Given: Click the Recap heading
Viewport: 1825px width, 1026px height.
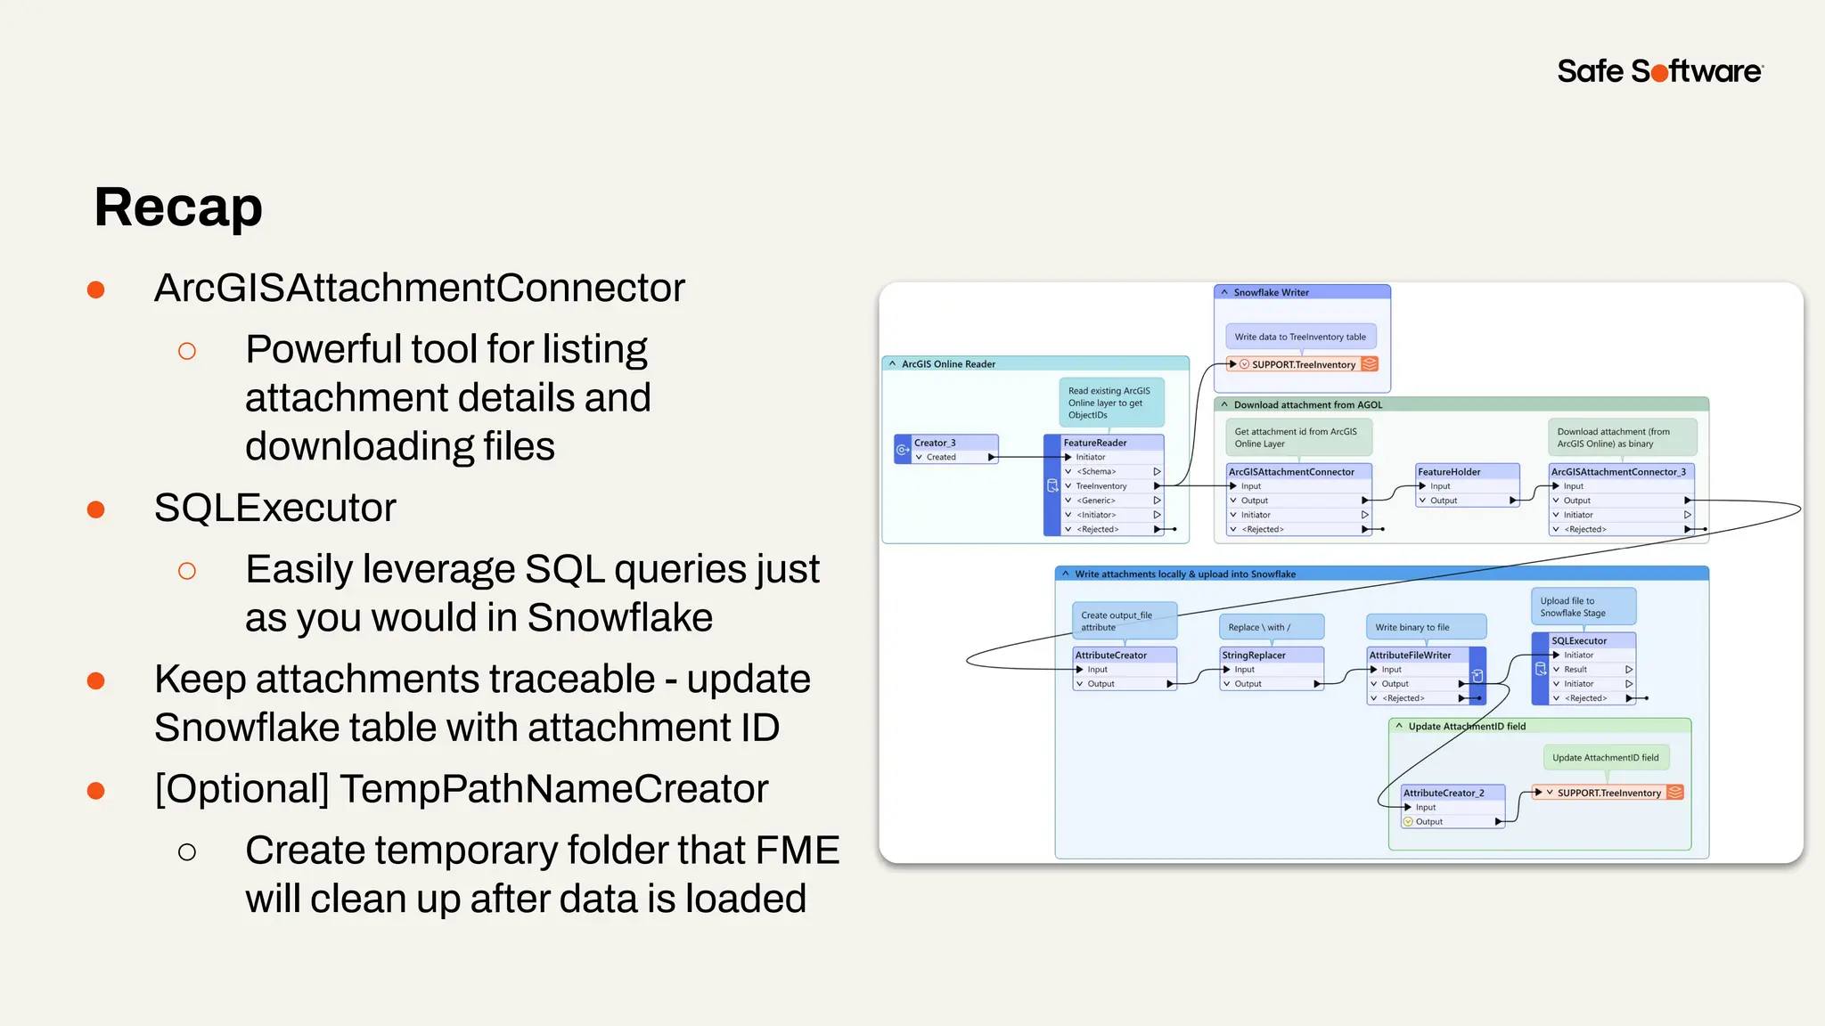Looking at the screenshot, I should (x=178, y=208).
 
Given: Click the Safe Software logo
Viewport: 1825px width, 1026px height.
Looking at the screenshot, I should (x=1659, y=71).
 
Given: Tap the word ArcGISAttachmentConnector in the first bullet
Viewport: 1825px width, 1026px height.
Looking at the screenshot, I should (x=419, y=288).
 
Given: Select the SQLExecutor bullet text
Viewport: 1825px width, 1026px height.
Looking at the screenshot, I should (x=274, y=508).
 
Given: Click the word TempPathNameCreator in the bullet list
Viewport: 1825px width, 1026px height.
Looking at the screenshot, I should (x=552, y=789).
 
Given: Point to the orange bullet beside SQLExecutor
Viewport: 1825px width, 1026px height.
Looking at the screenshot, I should (x=96, y=509).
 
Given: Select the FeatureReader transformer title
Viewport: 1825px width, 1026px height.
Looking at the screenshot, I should (x=1096, y=443).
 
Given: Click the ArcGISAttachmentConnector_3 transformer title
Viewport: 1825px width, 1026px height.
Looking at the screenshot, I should (x=1618, y=472).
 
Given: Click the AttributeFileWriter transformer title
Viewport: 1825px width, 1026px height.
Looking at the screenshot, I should (x=1411, y=655).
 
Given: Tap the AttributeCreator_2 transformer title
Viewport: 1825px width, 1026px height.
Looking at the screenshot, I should (x=1444, y=793).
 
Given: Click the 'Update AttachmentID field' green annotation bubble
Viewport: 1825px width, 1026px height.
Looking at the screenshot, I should (x=1606, y=758).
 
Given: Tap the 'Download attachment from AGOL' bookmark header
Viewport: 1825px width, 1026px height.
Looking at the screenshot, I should (x=1307, y=404).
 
